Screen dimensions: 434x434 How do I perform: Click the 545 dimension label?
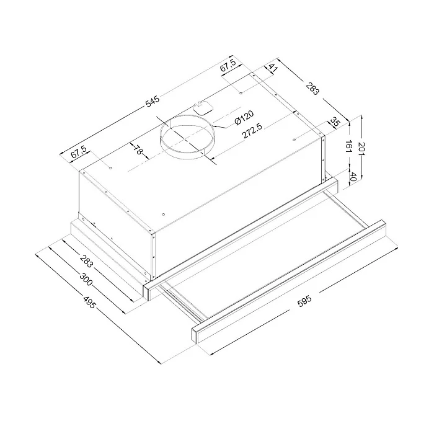[x=153, y=101]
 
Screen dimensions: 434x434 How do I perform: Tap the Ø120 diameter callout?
[x=244, y=118]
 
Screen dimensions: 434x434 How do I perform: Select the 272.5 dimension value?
[x=252, y=130]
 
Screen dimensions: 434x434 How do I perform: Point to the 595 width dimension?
[x=304, y=301]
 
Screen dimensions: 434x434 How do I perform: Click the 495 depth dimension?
[x=89, y=303]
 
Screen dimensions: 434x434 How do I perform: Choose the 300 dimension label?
[x=86, y=279]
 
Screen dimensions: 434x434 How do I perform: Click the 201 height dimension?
[x=361, y=149]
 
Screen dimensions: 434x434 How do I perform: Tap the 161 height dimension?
[x=348, y=146]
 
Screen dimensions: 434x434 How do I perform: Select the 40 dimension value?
[x=353, y=176]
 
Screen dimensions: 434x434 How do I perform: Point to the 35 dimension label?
[x=335, y=122]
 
